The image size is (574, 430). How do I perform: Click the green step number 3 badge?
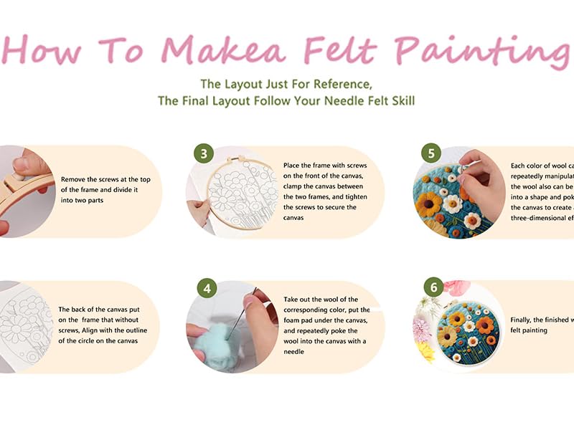(x=204, y=153)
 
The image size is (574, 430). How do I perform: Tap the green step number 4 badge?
(x=207, y=289)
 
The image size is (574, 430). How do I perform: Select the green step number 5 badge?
(x=432, y=153)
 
